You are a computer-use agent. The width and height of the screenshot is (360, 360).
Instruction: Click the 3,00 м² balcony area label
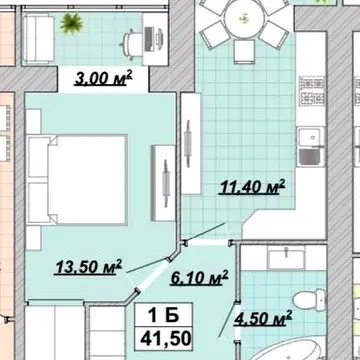pos(103,79)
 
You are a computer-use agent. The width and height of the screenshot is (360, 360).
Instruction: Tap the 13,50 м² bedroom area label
pos(88,267)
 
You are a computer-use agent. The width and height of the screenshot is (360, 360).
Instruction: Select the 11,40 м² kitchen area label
pos(252,187)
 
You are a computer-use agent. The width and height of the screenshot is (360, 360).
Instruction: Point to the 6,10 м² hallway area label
pos(199,278)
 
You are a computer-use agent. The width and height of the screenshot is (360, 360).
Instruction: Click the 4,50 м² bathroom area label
pos(263,318)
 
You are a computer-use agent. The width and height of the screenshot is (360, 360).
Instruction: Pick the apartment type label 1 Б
pos(163,316)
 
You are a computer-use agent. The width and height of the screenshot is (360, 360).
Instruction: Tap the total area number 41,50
pos(166,338)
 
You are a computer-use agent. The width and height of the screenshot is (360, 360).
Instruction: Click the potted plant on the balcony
pos(71,23)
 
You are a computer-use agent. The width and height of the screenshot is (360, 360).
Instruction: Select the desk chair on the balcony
pos(132,43)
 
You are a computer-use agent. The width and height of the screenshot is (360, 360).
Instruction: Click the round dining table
pos(244,18)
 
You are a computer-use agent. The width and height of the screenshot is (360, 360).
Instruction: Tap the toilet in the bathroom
pos(309,299)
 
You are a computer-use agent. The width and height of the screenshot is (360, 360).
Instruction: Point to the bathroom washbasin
pos(286,258)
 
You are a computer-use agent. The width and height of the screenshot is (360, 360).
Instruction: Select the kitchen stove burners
pos(312,90)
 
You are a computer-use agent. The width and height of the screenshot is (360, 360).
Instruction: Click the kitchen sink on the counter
pos(311,147)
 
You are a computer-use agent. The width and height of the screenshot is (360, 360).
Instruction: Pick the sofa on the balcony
pos(38,39)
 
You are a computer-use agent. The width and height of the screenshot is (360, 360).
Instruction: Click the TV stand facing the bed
pos(163,183)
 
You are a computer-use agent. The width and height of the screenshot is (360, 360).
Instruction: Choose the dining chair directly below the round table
pos(244,51)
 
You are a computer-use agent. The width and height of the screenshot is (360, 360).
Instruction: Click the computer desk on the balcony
pos(155,39)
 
